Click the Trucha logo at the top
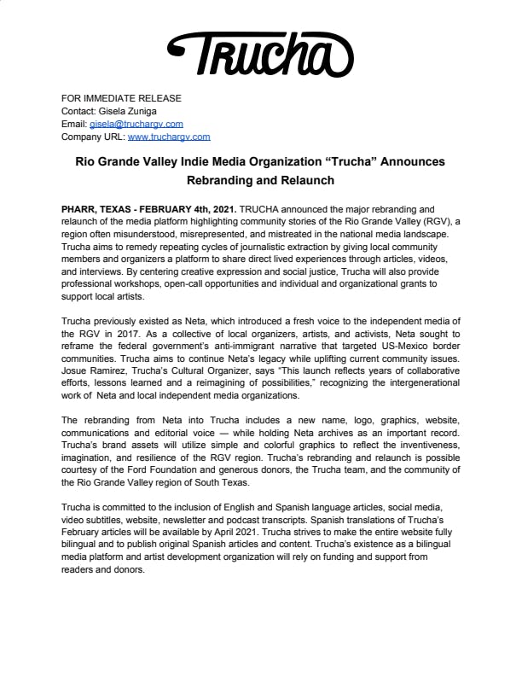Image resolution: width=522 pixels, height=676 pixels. point(259,53)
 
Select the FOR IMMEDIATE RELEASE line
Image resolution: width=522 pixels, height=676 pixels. point(121,98)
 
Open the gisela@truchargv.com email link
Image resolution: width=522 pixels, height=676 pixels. point(136,124)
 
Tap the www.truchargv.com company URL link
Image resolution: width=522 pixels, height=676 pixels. point(168,137)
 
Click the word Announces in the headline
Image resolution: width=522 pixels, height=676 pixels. point(381,161)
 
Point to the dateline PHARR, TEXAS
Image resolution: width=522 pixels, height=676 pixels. point(98,208)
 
